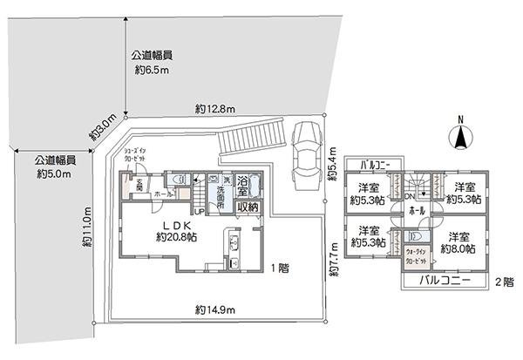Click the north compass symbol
pyautogui.click(x=461, y=136)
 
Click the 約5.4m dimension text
pyautogui.click(x=332, y=164)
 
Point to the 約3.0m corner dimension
pyautogui.click(x=103, y=128)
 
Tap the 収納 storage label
pyautogui.click(x=248, y=207)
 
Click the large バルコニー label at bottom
pyautogui.click(x=445, y=281)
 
